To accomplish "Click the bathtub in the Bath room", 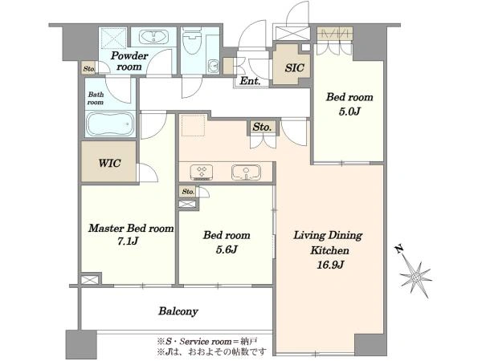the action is click(x=110, y=124).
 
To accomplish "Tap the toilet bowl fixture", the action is click(x=192, y=42).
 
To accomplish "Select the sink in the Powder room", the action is click(x=153, y=37).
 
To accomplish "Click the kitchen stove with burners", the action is click(x=202, y=172).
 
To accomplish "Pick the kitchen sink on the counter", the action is click(x=246, y=172).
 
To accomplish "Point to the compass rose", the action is click(x=416, y=277).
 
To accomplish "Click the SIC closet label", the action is click(x=294, y=68).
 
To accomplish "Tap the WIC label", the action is click(x=109, y=163).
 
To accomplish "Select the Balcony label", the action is click(x=178, y=311).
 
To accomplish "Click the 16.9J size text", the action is click(x=330, y=264).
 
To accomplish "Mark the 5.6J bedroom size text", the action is click(x=227, y=249).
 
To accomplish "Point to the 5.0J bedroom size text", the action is click(x=349, y=112).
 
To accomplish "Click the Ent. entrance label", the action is click(x=250, y=81).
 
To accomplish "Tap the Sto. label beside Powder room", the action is click(x=89, y=69).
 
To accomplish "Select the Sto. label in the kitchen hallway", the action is click(x=262, y=127).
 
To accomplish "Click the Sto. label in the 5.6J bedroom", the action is click(x=188, y=192).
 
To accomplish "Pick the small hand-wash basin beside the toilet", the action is click(x=213, y=65).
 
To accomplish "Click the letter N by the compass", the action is click(x=399, y=249).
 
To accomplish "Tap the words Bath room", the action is click(x=96, y=98).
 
